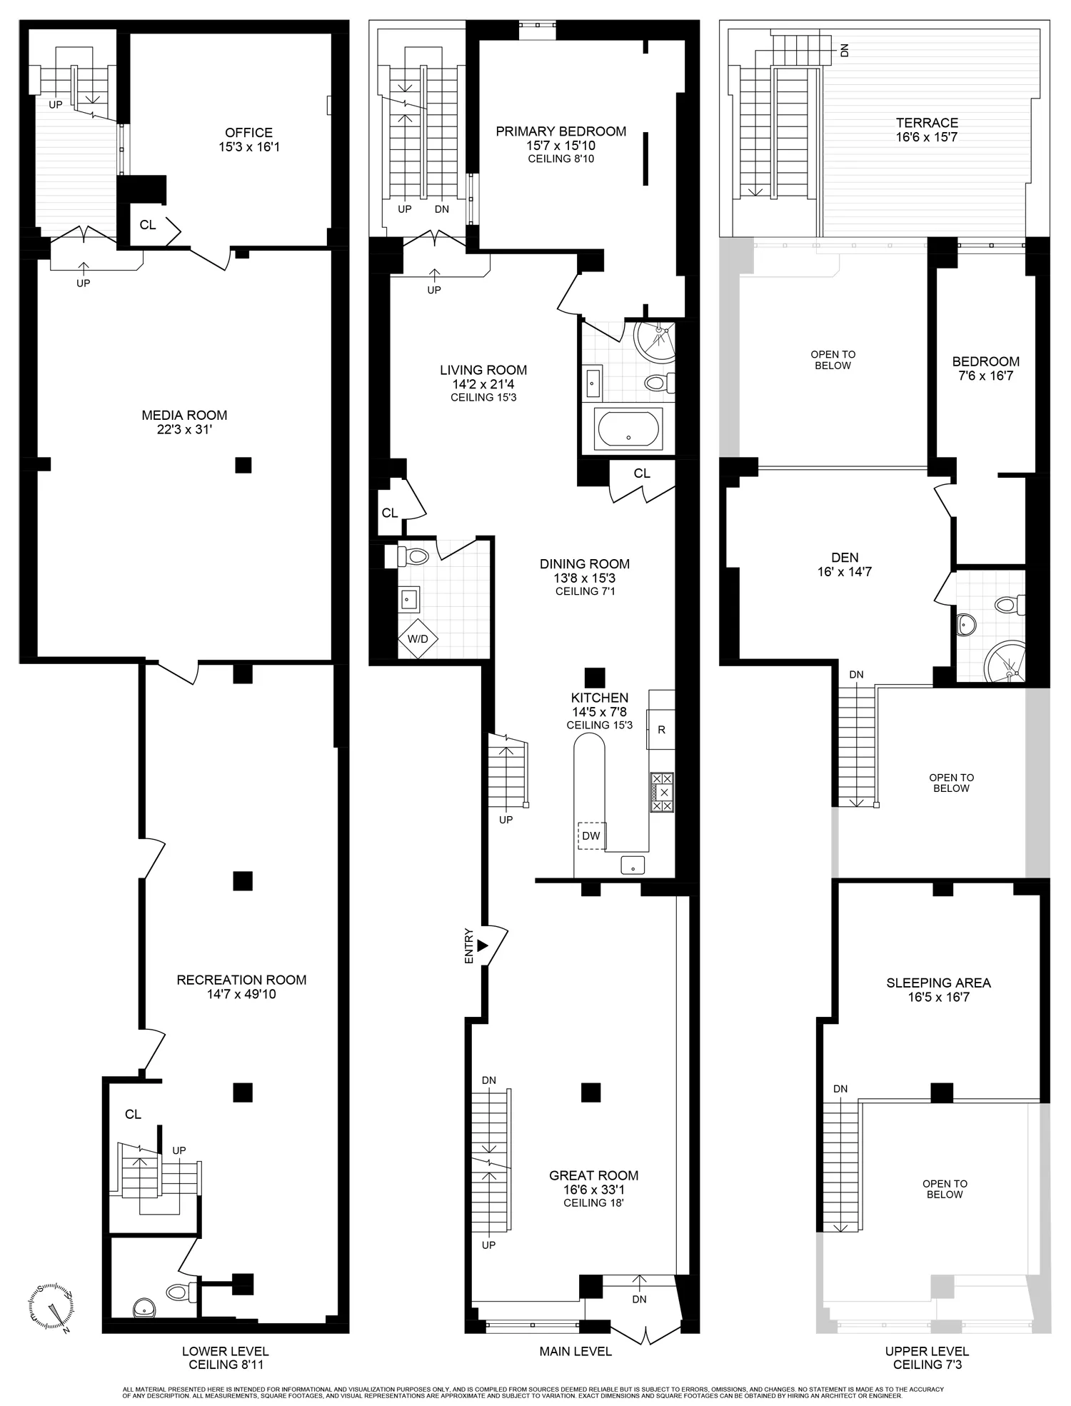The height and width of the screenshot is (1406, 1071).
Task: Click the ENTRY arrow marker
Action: coord(483,945)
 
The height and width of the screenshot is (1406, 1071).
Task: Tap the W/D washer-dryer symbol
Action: coord(418,638)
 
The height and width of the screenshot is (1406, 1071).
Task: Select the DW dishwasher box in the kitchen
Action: coord(591,835)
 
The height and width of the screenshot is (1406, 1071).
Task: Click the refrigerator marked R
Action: coord(661,729)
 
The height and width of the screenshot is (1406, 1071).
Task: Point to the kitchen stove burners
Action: coord(662,792)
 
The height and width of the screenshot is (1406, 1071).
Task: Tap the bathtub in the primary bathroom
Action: coord(629,428)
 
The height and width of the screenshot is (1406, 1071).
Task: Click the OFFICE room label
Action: coord(248,133)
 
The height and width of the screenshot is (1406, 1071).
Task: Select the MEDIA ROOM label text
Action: coord(184,415)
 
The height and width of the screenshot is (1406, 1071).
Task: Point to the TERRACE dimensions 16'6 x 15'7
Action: coord(927,137)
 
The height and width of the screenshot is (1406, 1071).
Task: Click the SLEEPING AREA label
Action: coord(938,983)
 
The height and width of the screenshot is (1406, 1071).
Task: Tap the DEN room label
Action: coord(845,557)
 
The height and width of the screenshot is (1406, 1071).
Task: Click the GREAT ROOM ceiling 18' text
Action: coord(593,1202)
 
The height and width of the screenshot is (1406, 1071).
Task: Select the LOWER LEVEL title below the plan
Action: coord(225,1351)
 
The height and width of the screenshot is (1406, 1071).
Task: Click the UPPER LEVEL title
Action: coord(927,1351)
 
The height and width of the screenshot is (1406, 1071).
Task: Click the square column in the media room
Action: coord(243,465)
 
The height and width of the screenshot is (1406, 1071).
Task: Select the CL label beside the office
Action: coord(148,225)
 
